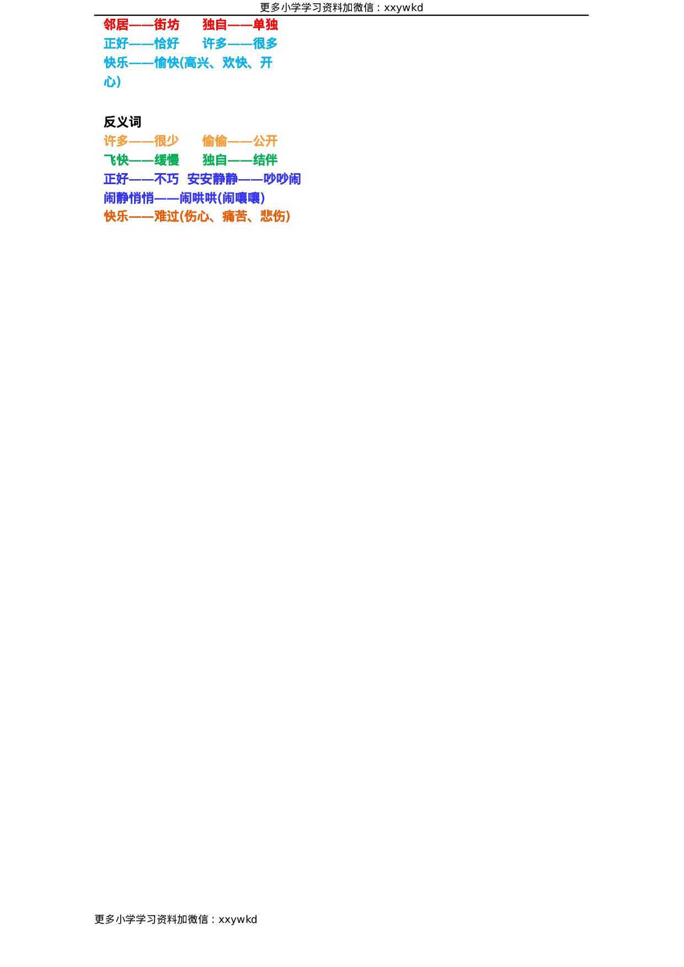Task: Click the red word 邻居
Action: click(116, 25)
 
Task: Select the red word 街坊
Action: click(167, 25)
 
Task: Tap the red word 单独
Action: click(265, 25)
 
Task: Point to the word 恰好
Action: click(167, 44)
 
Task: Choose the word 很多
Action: click(265, 44)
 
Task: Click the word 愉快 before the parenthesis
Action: click(167, 63)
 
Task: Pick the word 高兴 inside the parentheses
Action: click(197, 63)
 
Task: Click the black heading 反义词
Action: click(122, 122)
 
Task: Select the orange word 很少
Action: click(167, 141)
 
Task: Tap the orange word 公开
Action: click(265, 141)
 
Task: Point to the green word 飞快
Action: click(116, 160)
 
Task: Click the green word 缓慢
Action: click(167, 160)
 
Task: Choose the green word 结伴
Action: click(265, 160)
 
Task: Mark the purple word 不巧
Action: click(167, 179)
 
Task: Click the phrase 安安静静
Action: click(212, 179)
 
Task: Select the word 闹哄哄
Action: click(198, 198)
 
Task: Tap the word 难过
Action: click(167, 217)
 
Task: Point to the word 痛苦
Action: click(235, 217)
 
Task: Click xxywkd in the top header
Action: click(403, 8)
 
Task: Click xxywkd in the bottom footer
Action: click(238, 920)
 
